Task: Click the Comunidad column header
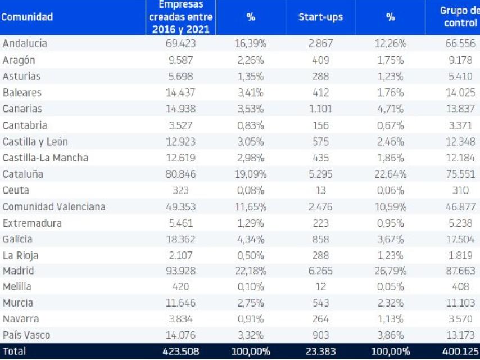pos(27,17)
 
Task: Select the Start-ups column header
pos(320,17)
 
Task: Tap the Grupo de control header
pos(460,17)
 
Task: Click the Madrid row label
pos(18,270)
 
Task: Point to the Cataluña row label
pos(23,174)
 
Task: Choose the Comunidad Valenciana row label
pos(54,206)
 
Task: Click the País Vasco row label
pos(26,335)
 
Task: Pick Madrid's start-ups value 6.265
pos(320,270)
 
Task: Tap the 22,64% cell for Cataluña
pos(390,174)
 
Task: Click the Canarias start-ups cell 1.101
pos(320,109)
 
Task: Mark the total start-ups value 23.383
pos(320,352)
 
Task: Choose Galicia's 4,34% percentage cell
pos(251,238)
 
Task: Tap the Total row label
pos(14,352)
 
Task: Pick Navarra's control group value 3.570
pos(460,319)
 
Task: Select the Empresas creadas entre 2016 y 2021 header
pos(180,17)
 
